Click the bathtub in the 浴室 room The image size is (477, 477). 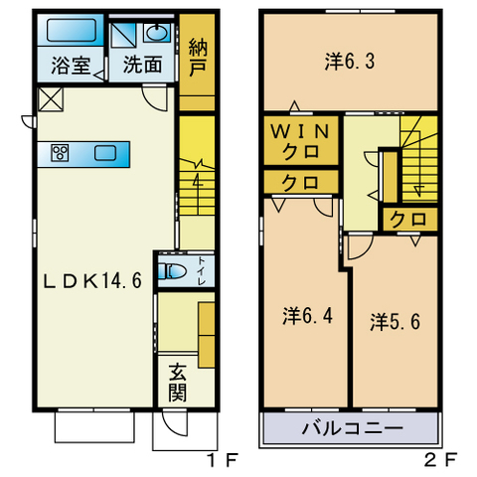coord(72,30)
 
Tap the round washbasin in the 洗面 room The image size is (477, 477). coord(157,33)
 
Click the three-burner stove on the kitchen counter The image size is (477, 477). coord(60,153)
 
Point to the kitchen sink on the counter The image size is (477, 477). coord(105,153)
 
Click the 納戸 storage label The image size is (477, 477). coord(198,58)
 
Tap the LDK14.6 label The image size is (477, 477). coord(93,281)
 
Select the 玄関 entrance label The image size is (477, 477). coord(177,384)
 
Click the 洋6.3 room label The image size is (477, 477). coord(350,62)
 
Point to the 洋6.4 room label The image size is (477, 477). coord(308,316)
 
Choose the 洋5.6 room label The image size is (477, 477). coord(396,322)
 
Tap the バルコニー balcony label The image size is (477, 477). coord(353,428)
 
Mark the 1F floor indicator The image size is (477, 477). coord(222,459)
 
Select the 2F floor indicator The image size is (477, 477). coord(441,459)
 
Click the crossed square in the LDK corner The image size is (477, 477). coord(51,99)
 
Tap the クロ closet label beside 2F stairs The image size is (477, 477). coord(408,220)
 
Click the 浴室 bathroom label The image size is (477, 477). coord(71,66)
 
